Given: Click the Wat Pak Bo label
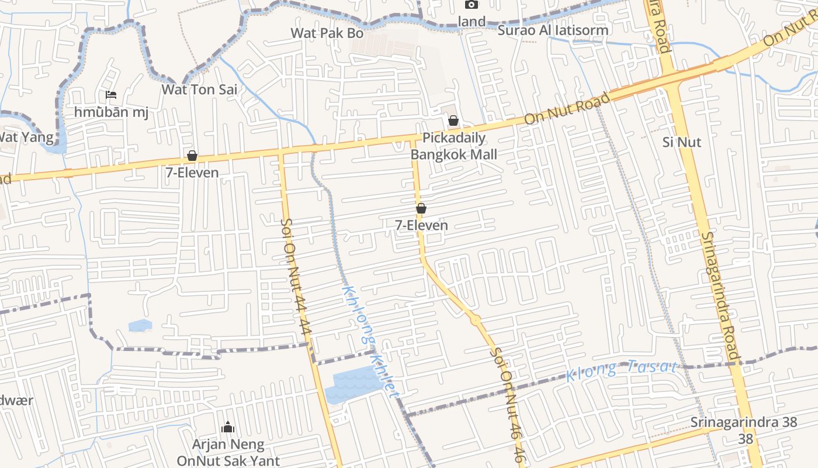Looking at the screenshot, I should pos(327,33).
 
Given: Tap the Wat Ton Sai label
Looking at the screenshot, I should pos(199,90).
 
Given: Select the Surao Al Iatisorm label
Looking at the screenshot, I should pos(553,30).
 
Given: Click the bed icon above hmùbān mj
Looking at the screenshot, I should pos(111,95).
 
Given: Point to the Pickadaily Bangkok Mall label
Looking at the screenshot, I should pos(454,146).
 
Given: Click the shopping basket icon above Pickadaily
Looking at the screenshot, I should pos(453,121).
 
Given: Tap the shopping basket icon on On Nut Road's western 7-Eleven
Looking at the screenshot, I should pos(192,156).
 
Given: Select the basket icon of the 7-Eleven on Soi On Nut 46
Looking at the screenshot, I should pos(421,208).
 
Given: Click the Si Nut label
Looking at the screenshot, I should pos(682,142).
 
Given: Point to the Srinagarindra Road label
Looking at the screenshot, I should pos(720,296).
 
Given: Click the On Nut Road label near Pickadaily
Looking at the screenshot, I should pos(567,109).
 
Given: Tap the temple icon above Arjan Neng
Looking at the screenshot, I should pos(228,428).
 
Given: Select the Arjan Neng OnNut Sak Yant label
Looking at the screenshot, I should pos(228,453).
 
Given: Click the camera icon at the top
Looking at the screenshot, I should pos(471,5).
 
